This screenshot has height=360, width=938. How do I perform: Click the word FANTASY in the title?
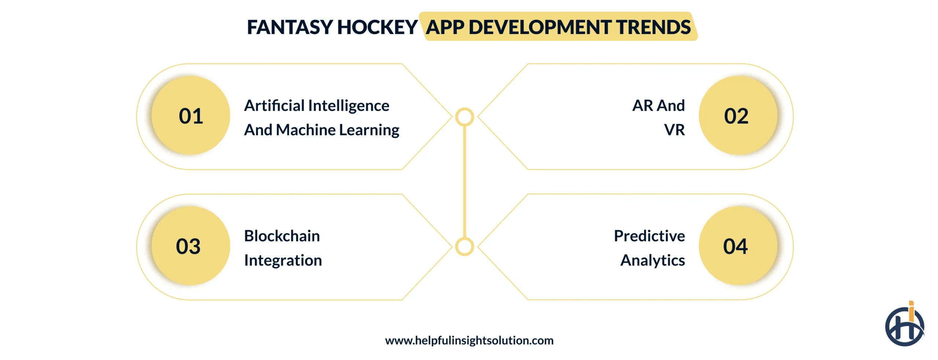(289, 27)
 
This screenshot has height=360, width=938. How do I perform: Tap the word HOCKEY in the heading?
(377, 27)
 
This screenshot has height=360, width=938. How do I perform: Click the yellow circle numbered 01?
(191, 116)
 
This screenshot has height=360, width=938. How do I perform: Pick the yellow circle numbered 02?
(738, 116)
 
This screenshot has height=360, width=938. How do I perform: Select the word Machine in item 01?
(306, 130)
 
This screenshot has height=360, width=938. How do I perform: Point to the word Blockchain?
(282, 236)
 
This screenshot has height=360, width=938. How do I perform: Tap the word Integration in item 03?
(283, 261)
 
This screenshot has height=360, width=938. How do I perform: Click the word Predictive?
(649, 236)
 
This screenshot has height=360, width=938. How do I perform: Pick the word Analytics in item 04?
(653, 261)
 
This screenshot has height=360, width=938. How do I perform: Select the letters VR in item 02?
(674, 130)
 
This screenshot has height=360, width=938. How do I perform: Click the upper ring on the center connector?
(465, 117)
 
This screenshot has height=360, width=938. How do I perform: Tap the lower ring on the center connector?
(465, 247)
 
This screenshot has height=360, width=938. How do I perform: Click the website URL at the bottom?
(469, 341)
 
